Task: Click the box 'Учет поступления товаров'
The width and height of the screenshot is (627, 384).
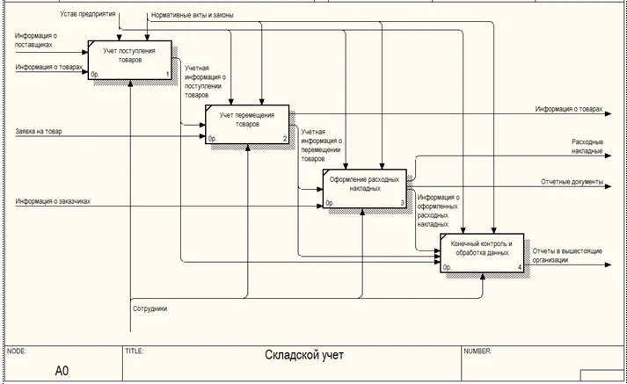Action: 130,60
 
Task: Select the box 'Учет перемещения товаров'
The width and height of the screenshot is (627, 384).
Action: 247,124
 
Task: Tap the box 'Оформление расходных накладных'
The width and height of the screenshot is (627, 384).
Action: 365,189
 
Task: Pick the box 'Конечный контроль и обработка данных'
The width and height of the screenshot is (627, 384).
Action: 482,253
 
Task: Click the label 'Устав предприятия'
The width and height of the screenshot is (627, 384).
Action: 88,14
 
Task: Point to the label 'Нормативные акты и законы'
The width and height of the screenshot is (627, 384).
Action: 193,15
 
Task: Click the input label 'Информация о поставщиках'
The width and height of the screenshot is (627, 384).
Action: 35,40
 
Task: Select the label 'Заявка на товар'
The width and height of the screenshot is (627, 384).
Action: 39,132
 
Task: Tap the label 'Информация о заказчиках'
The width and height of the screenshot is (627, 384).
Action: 53,201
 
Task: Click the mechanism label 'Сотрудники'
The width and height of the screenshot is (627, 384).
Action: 150,309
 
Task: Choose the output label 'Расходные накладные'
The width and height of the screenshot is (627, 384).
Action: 587,147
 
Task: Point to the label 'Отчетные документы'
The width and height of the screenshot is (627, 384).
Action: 572,182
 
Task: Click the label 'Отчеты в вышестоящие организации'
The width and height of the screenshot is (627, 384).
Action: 567,256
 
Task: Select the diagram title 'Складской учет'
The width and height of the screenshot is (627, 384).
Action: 304,355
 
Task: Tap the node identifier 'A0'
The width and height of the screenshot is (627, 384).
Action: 62,371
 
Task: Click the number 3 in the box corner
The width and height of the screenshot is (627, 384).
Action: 402,203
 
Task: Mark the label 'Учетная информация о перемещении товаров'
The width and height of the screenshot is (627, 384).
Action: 322,146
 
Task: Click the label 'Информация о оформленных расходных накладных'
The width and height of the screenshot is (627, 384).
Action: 438,211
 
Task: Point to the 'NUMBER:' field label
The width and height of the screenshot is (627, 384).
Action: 478,351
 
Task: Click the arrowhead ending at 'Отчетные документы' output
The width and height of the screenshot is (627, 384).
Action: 608,186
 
